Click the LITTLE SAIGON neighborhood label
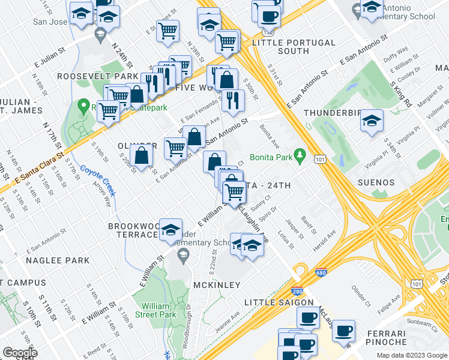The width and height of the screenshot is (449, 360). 280,302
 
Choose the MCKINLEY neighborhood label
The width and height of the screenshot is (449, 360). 216,284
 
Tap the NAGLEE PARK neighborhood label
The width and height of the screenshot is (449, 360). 58,260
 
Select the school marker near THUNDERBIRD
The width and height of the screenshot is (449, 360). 372,121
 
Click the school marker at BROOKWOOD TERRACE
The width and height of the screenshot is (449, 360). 170,229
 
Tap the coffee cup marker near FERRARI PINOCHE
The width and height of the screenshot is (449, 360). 344,331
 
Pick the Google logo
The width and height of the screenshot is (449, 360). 20,353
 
